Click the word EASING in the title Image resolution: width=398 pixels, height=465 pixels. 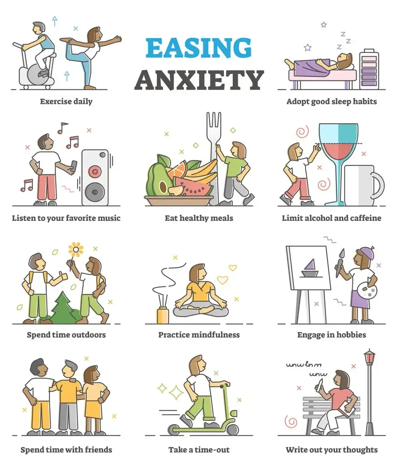(x=198, y=48)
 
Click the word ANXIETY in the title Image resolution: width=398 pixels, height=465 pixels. (x=199, y=80)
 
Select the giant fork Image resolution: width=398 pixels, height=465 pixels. (x=214, y=157)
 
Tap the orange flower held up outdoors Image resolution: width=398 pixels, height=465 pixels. (x=76, y=250)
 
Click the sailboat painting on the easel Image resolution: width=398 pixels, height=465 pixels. (x=310, y=269)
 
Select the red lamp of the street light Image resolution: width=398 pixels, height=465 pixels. (x=369, y=357)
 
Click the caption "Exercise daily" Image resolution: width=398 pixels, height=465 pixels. (x=66, y=101)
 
